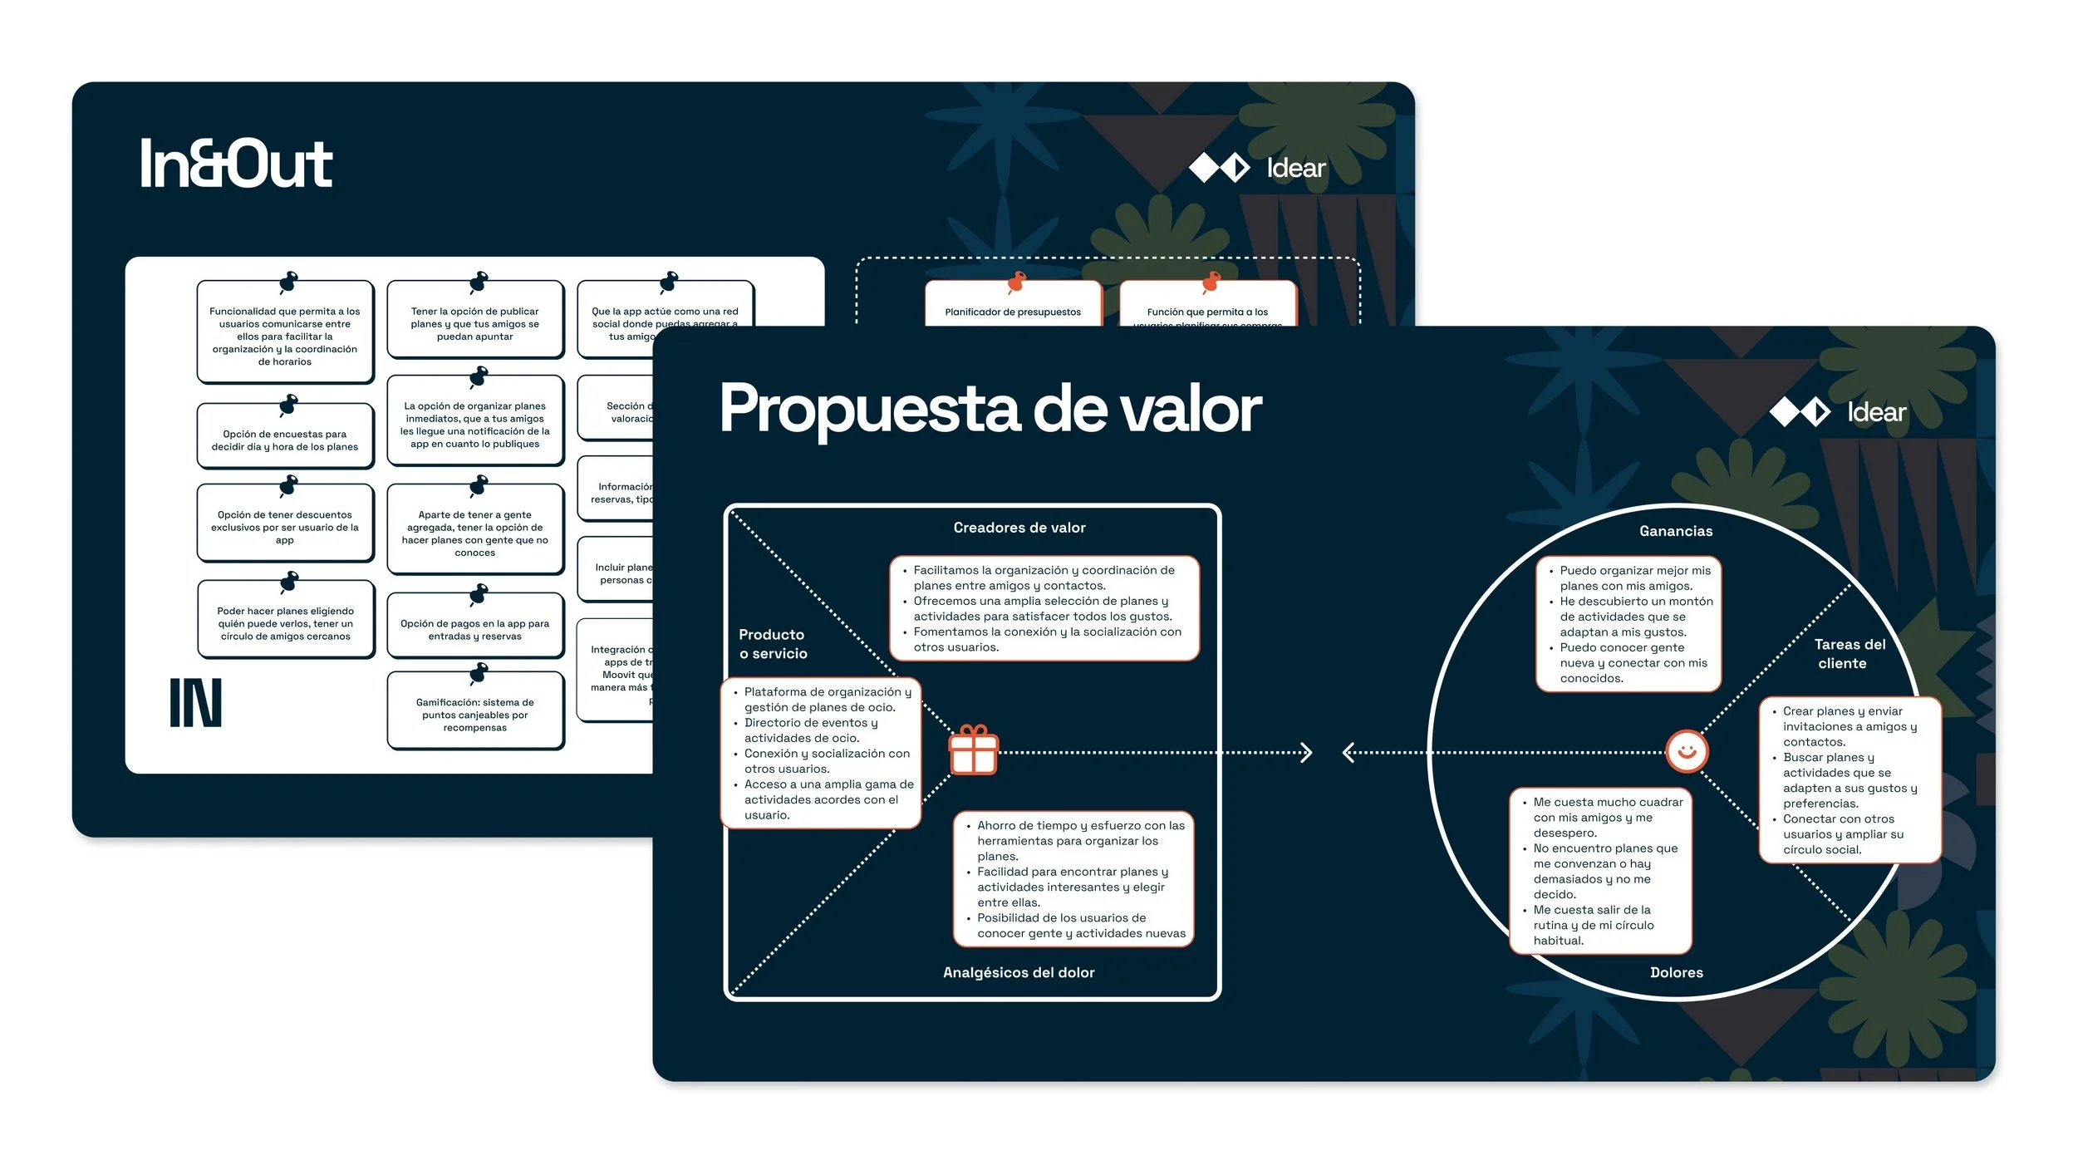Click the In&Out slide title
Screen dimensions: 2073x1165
[x=236, y=164]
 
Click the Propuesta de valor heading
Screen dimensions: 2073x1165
[x=990, y=408]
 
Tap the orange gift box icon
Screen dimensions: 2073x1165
[x=973, y=750]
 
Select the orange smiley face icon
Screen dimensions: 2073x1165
[x=1686, y=751]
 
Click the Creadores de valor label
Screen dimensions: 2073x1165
[x=1019, y=528]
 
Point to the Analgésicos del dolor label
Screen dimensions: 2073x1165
[x=1018, y=972]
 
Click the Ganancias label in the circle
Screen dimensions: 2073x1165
[x=1675, y=531]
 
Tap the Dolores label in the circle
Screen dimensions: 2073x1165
[x=1676, y=972]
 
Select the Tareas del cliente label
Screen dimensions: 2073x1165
[x=1849, y=653]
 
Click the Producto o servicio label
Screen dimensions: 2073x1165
[x=773, y=644]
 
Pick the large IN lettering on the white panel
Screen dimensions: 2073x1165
[x=196, y=703]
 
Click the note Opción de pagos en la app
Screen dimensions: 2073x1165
[x=474, y=629]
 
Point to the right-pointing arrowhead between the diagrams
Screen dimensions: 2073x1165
[x=1306, y=753]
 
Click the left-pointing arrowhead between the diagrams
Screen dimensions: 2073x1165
[x=1348, y=753]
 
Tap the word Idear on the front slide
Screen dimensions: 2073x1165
[x=1876, y=412]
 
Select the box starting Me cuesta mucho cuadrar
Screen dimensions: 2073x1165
[x=1599, y=870]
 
